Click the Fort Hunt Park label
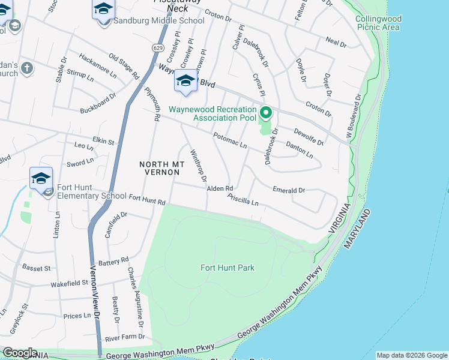[228, 268]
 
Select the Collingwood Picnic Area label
[378, 23]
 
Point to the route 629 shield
[158, 47]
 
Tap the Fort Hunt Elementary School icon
[41, 179]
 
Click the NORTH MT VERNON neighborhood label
[159, 168]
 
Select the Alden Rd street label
[220, 188]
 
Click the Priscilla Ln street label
[243, 200]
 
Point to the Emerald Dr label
[289, 190]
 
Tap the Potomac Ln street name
[231, 142]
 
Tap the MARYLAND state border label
[357, 230]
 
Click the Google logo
[19, 353]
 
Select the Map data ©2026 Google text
[412, 355]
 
